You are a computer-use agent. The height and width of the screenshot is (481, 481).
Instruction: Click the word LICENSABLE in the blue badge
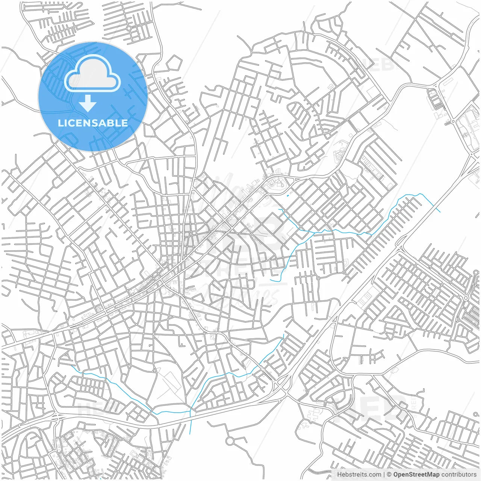click(93, 123)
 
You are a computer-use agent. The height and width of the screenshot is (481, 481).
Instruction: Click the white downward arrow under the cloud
click(88, 103)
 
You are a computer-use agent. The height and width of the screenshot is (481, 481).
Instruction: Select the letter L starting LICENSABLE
click(60, 123)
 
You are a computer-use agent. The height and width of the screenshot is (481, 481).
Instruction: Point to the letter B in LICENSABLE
click(110, 123)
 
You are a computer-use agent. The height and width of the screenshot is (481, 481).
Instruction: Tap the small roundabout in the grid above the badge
click(129, 28)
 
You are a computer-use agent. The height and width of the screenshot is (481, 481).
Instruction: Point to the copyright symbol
click(389, 475)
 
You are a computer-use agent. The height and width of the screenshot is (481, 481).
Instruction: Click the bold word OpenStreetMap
click(416, 475)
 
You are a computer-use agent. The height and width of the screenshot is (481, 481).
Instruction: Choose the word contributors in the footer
click(459, 475)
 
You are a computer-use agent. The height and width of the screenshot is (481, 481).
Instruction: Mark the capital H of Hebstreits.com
click(339, 475)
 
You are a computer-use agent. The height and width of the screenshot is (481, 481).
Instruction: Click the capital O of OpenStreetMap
click(396, 475)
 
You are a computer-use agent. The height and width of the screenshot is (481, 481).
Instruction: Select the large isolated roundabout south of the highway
click(230, 440)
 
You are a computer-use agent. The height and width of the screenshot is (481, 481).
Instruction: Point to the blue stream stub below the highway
click(191, 423)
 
